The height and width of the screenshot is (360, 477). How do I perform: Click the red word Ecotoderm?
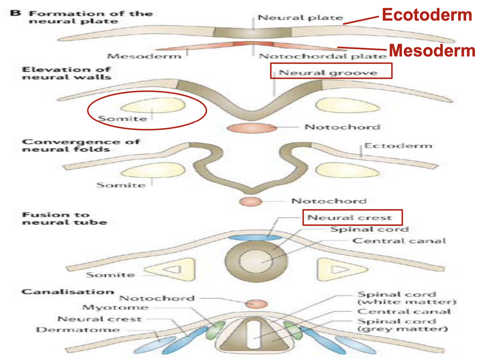coord(427,15)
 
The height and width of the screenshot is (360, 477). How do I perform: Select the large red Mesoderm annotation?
coord(432,50)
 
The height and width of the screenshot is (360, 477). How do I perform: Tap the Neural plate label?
coord(300,18)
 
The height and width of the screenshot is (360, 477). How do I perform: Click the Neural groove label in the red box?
coord(328,73)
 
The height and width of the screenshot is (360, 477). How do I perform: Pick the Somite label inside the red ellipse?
coord(122,118)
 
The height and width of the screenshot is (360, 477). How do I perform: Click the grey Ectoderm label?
coord(398,146)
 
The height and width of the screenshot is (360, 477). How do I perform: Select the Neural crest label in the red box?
coord(349,217)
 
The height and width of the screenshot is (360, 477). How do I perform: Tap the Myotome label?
coord(115,307)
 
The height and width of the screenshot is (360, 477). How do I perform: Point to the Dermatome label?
coord(78,329)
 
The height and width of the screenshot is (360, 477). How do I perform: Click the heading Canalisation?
coord(68,292)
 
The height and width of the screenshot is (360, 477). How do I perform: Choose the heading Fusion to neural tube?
coord(64,218)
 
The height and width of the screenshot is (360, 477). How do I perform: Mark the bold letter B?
coord(15,13)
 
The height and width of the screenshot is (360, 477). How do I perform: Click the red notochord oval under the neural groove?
coord(252,128)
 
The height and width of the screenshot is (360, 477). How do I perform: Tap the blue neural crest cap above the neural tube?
coord(254,237)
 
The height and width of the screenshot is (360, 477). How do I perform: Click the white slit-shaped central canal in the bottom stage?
coord(254,335)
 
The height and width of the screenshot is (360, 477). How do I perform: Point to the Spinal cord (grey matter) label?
coord(402,325)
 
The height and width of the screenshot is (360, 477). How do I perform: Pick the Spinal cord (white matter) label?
coord(407,298)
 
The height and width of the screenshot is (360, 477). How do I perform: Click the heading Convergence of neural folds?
coord(80,145)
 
